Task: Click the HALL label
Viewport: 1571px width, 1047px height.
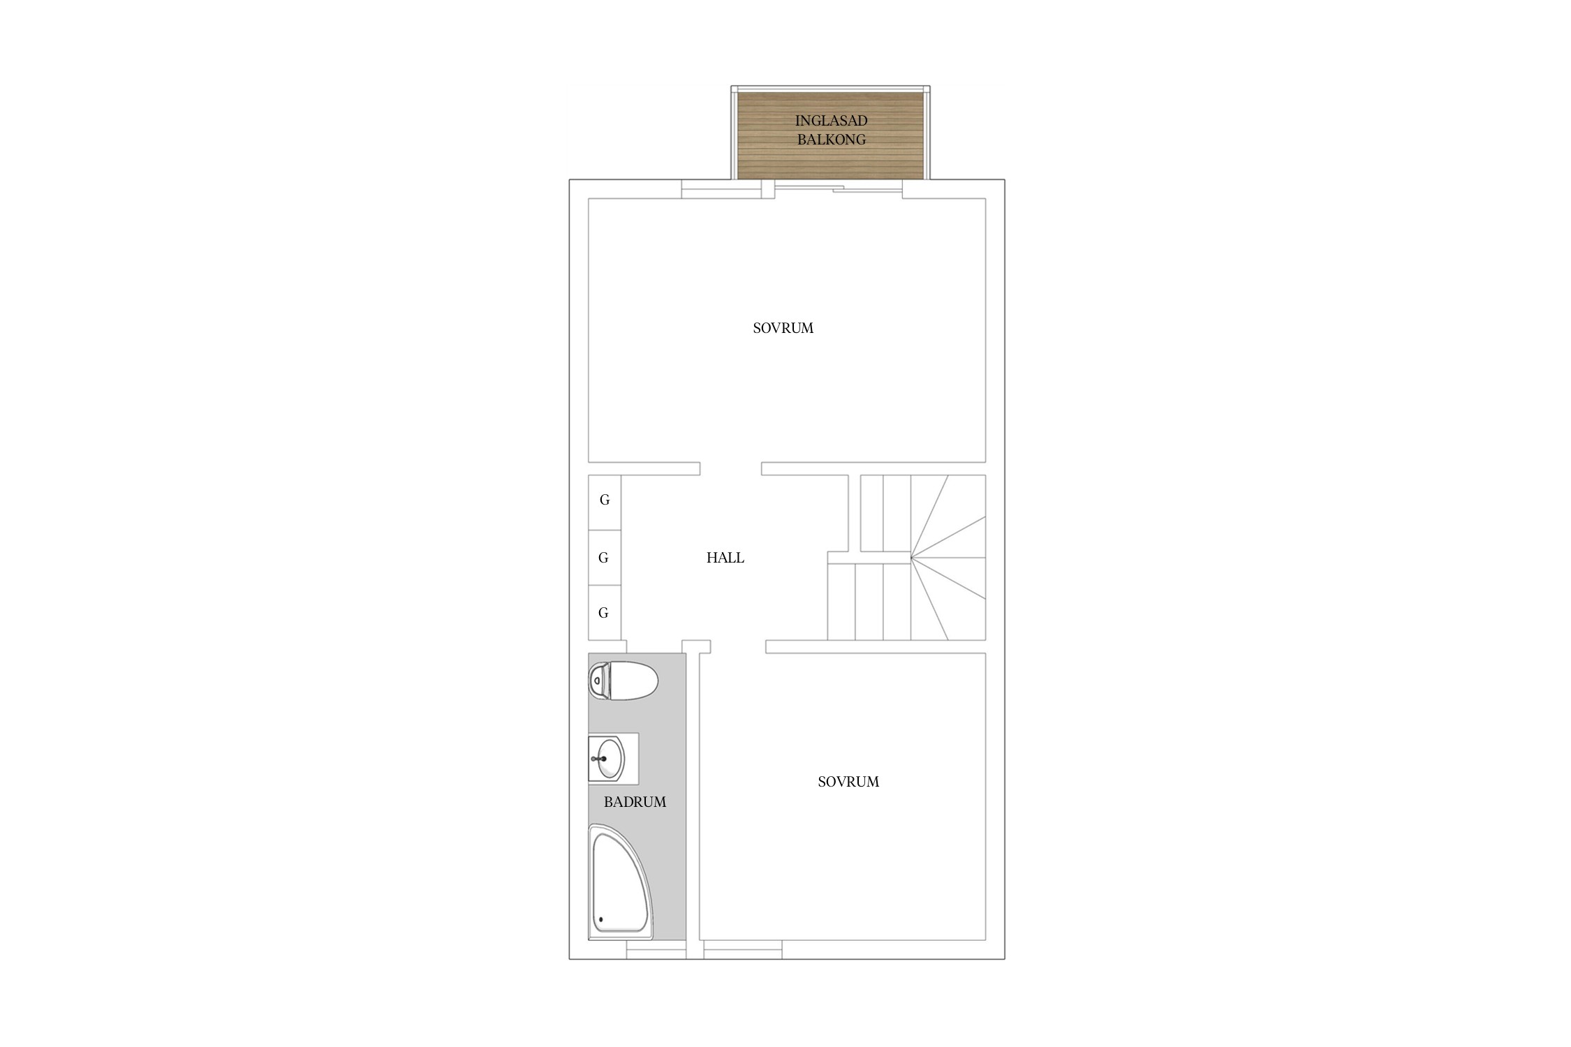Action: coord(725,558)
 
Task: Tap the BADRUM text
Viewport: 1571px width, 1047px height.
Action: coord(635,802)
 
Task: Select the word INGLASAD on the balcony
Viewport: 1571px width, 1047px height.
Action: coord(831,121)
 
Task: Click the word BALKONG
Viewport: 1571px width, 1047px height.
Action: coord(831,140)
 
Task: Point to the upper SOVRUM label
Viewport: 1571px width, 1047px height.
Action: coord(783,328)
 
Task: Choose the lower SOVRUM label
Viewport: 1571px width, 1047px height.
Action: coord(848,782)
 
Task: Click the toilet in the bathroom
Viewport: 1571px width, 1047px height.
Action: coord(624,681)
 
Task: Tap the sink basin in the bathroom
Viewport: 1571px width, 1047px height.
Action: coord(607,758)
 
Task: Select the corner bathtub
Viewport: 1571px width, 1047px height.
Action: coord(621,882)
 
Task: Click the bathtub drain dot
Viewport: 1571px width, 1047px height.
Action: coord(600,919)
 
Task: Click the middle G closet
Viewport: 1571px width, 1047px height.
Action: coord(605,558)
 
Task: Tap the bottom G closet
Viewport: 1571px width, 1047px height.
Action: coord(605,613)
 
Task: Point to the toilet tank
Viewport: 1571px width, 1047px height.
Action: coord(598,681)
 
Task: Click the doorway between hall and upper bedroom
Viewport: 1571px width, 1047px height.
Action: coord(730,468)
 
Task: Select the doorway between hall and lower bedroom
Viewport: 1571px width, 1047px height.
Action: coord(738,646)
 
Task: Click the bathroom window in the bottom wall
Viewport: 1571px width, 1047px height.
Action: coord(656,949)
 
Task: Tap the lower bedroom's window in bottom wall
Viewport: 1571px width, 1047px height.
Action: coord(743,949)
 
